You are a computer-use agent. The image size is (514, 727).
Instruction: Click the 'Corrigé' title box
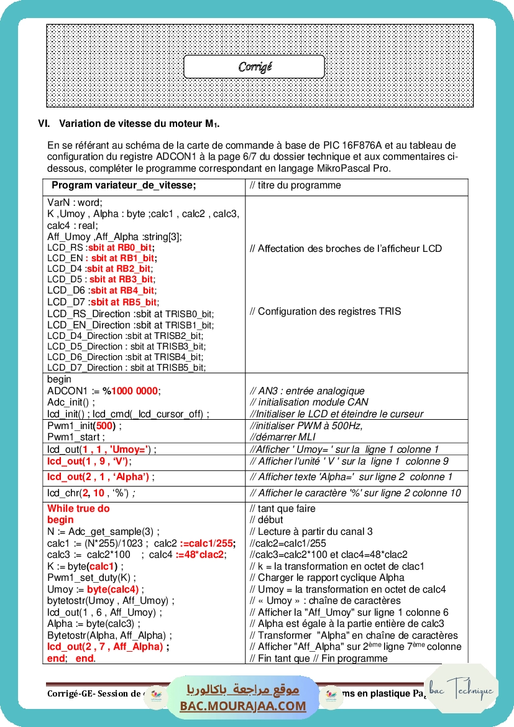(254, 67)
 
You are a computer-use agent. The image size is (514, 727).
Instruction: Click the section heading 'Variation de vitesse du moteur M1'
(139, 123)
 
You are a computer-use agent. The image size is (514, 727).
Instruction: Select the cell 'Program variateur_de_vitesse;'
(124, 185)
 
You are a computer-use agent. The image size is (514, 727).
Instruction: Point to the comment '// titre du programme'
(295, 185)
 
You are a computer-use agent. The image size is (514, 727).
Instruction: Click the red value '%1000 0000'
(131, 391)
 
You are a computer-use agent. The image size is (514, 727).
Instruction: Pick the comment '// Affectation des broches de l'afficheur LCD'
(346, 249)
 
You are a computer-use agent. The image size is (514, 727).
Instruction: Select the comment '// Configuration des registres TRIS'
(325, 312)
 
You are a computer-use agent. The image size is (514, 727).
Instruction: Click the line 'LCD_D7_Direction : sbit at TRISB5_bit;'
(126, 368)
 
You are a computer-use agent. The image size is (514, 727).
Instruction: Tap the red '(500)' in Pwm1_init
(104, 426)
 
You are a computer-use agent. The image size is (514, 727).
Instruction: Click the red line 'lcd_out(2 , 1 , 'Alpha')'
(99, 477)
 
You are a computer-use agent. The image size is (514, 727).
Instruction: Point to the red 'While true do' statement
(78, 508)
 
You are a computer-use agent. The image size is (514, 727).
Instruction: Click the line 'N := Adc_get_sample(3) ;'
(103, 531)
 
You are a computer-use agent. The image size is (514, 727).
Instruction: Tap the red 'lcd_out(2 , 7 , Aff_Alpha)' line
(106, 647)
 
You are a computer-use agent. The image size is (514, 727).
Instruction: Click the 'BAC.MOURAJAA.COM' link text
(243, 706)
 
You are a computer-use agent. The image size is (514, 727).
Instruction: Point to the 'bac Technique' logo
(462, 690)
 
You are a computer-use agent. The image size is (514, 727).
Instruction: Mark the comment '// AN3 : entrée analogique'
(307, 391)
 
